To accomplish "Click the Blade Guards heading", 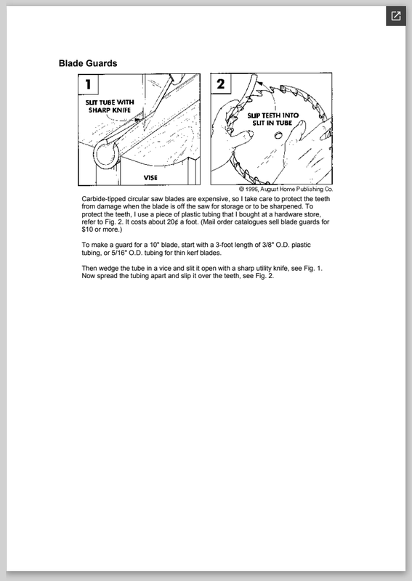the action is click(88, 63).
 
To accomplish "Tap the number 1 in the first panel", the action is click(88, 84).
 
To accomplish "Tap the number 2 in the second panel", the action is click(221, 84).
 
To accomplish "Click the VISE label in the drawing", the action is click(150, 178).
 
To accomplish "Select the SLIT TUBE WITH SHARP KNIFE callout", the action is click(110, 106).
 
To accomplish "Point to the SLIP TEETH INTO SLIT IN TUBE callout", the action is click(273, 119).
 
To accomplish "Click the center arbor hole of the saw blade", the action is click(278, 136).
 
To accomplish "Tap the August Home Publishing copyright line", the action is click(286, 190).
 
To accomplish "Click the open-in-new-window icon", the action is click(396, 16).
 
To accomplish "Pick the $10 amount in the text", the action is click(87, 229).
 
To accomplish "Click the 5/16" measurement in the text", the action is click(119, 253).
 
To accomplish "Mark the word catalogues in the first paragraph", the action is click(251, 222).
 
